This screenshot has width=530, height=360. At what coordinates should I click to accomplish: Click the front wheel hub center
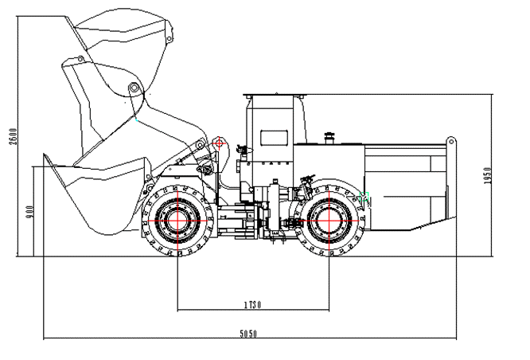[177, 219]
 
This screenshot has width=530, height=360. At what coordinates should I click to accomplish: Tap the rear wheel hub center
[328, 219]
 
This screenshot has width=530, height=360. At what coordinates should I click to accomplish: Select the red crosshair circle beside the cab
[220, 146]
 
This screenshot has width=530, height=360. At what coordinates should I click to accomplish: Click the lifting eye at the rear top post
[451, 142]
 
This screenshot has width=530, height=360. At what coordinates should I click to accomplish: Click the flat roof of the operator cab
[275, 95]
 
